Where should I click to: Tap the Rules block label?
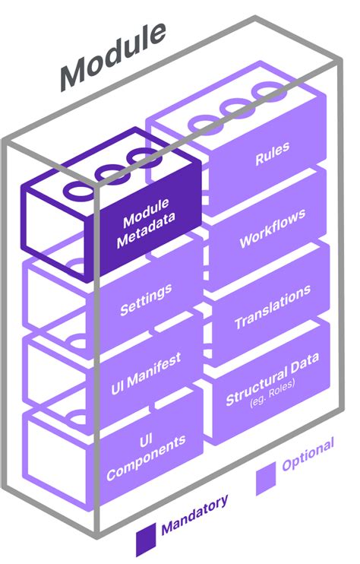coord(271,157)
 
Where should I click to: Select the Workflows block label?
coord(273,227)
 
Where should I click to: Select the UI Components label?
coord(145,457)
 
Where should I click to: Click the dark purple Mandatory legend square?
coord(146,541)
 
